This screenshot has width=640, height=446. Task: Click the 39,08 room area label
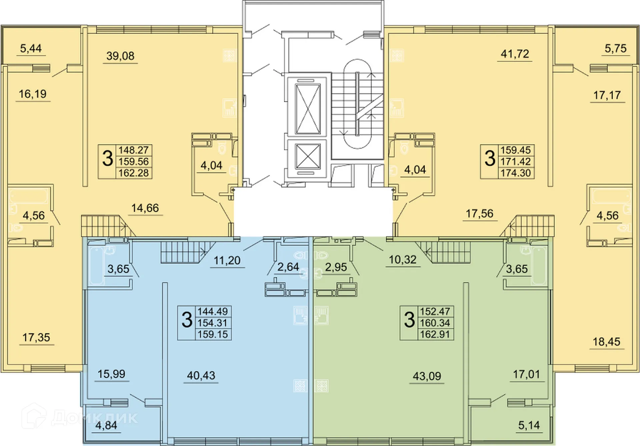point(120,56)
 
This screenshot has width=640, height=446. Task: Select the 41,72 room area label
point(515,54)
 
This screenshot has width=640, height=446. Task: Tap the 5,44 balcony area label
point(31,48)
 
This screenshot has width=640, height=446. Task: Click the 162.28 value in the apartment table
point(134,173)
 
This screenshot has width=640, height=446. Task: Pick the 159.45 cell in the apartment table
point(516,150)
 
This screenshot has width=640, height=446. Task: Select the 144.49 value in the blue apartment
point(213,311)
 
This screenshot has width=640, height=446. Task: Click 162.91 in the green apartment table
point(435,334)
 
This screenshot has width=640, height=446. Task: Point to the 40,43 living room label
point(201,375)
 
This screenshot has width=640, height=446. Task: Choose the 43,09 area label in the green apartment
point(427,376)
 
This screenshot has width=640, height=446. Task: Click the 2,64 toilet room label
point(288,267)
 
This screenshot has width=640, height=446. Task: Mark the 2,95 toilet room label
point(336,267)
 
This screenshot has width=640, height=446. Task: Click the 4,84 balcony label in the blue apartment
point(106,426)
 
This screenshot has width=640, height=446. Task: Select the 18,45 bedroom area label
point(606,342)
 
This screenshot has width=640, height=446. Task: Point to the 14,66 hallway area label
point(145,208)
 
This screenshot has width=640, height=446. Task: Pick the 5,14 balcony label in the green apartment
point(529,425)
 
